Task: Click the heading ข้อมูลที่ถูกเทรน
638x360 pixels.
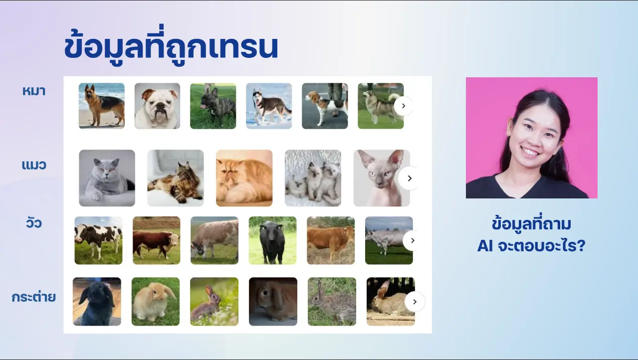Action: (171, 45)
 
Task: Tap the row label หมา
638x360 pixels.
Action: (34, 91)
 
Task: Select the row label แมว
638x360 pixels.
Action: (34, 165)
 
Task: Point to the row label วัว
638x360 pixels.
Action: (34, 223)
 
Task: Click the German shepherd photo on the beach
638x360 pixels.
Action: (102, 106)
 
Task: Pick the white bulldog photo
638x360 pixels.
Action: (157, 106)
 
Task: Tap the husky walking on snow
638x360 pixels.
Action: (269, 106)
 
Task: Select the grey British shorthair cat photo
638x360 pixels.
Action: (107, 178)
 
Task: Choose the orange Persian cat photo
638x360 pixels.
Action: (244, 178)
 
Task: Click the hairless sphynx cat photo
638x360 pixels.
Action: (382, 178)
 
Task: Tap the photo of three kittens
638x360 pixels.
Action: (313, 178)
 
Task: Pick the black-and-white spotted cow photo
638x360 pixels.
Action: (98, 240)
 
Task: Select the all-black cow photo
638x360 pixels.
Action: (272, 240)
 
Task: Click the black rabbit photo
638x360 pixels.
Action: (97, 301)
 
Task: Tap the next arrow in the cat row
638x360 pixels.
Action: (410, 179)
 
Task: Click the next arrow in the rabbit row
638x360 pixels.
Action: (415, 302)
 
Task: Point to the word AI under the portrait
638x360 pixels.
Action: (485, 246)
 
